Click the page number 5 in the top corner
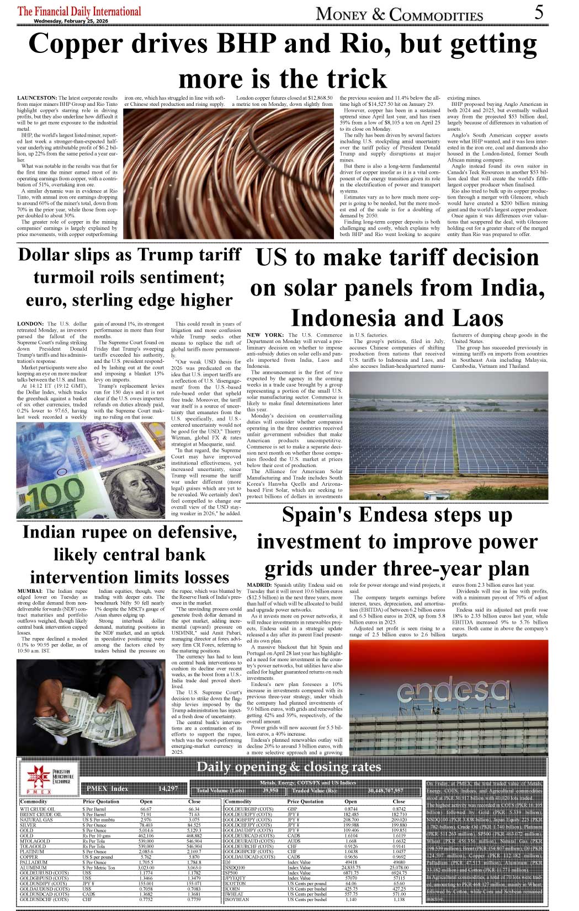click(539, 12)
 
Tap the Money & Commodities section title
click(399, 14)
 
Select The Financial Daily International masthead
click(79, 11)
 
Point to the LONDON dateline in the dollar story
click(30, 324)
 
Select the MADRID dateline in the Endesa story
click(259, 585)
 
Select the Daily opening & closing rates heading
click(289, 767)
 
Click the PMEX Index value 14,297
click(168, 789)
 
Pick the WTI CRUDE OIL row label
click(37, 809)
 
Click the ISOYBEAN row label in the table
click(237, 899)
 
